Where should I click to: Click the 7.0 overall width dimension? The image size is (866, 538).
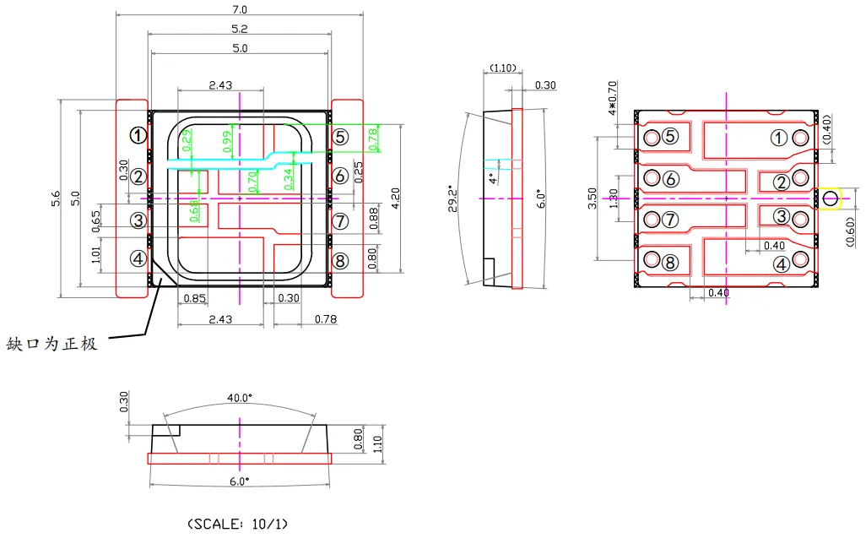pyautogui.click(x=240, y=9)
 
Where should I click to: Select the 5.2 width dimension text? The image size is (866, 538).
pyautogui.click(x=240, y=29)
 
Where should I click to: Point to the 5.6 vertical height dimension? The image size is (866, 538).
pyautogui.click(x=56, y=198)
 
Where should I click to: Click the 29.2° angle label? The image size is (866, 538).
pyautogui.click(x=453, y=198)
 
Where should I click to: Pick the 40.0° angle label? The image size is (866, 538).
pyautogui.click(x=240, y=397)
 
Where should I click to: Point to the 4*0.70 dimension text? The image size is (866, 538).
pyautogui.click(x=612, y=97)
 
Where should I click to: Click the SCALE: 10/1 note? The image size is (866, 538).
pyautogui.click(x=237, y=524)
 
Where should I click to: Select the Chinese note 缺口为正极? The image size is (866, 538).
pyautogui.click(x=51, y=345)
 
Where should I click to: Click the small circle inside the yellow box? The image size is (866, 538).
pyautogui.click(x=830, y=199)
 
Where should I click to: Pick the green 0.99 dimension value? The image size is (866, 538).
pyautogui.click(x=227, y=142)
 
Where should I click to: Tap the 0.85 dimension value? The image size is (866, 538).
pyautogui.click(x=194, y=298)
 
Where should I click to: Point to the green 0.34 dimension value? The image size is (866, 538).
pyautogui.click(x=289, y=177)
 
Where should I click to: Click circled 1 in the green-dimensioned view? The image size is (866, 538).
pyautogui.click(x=138, y=135)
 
